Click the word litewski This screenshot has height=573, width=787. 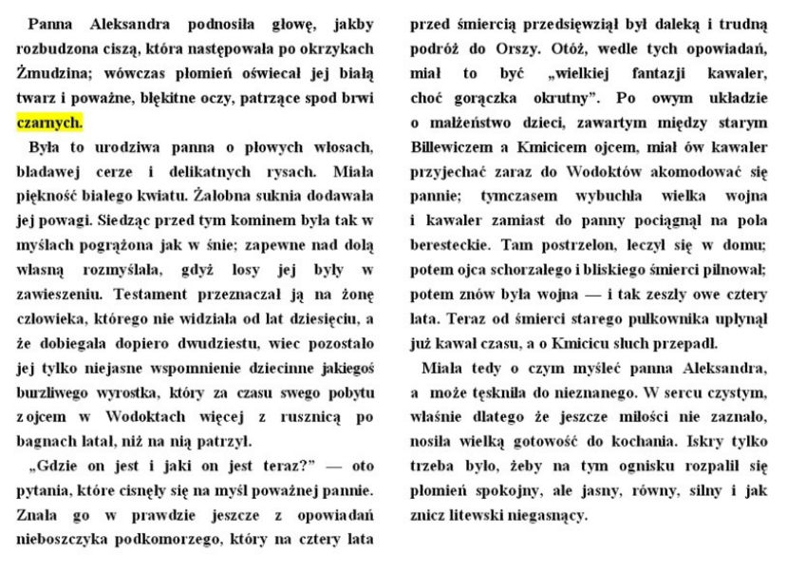[488, 516]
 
